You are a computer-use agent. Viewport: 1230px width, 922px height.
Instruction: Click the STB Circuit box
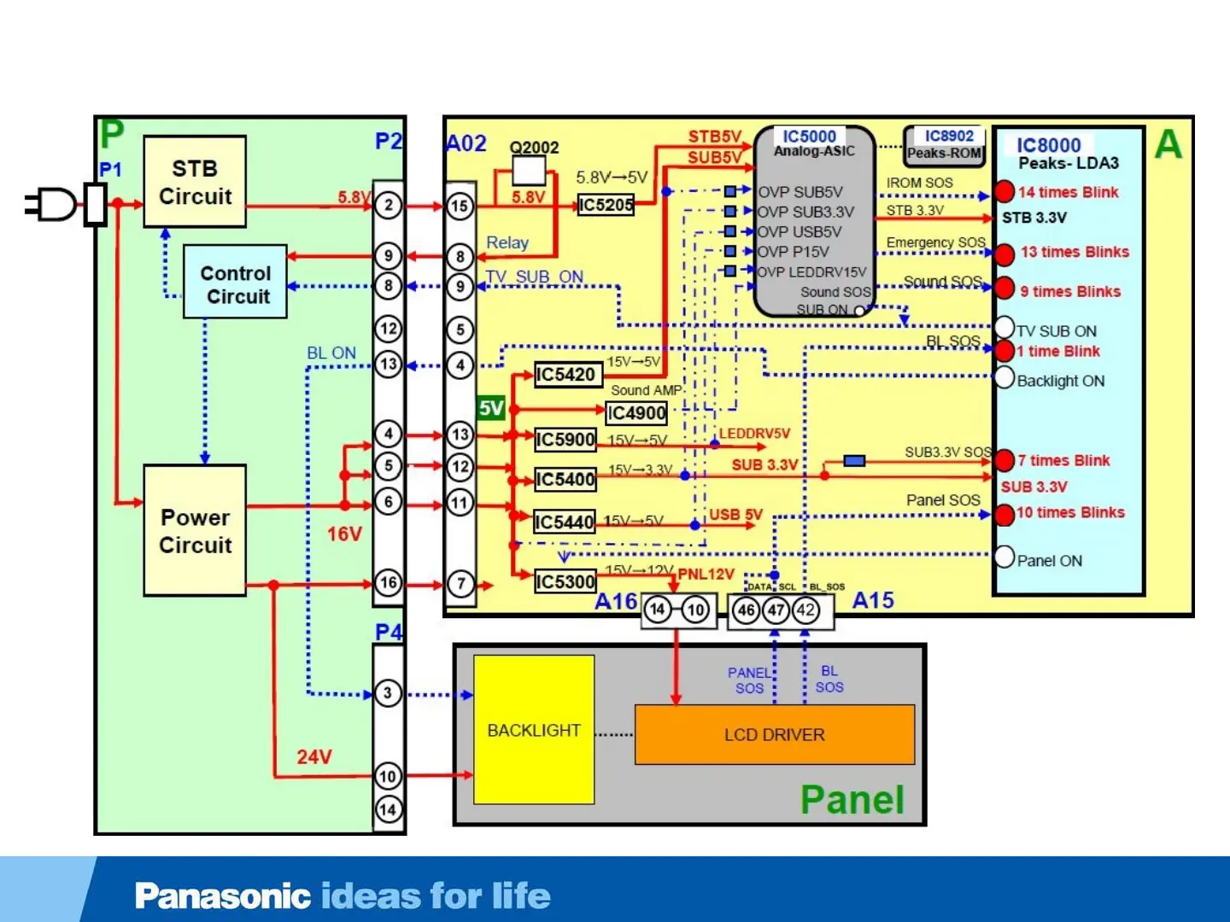point(195,182)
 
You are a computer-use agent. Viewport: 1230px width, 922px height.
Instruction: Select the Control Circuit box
point(236,283)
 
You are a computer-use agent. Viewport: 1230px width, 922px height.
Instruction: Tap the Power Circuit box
point(195,530)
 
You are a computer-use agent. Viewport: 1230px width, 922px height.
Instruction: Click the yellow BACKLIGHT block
point(534,730)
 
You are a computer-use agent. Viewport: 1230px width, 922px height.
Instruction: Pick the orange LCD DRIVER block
point(775,734)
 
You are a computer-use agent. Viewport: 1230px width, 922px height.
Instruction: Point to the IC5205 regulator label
point(606,205)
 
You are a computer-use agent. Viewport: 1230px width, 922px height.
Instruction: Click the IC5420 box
point(565,375)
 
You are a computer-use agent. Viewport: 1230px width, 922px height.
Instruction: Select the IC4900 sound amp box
point(636,413)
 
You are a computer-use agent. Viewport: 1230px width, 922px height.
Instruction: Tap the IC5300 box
point(565,581)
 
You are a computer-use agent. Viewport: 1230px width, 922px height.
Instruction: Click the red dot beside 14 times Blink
point(1004,192)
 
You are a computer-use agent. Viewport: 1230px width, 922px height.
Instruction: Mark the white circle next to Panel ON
point(1004,557)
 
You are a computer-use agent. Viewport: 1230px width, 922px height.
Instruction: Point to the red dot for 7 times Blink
point(1004,461)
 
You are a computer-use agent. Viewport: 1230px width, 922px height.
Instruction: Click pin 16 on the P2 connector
point(389,583)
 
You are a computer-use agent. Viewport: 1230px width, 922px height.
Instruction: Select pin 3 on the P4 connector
point(388,693)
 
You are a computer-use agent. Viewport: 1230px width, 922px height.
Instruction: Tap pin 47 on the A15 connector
point(776,610)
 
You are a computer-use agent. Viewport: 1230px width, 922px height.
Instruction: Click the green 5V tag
point(491,408)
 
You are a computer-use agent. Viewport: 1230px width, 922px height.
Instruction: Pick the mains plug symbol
point(53,205)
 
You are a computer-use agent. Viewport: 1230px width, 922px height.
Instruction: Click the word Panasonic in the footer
point(222,896)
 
